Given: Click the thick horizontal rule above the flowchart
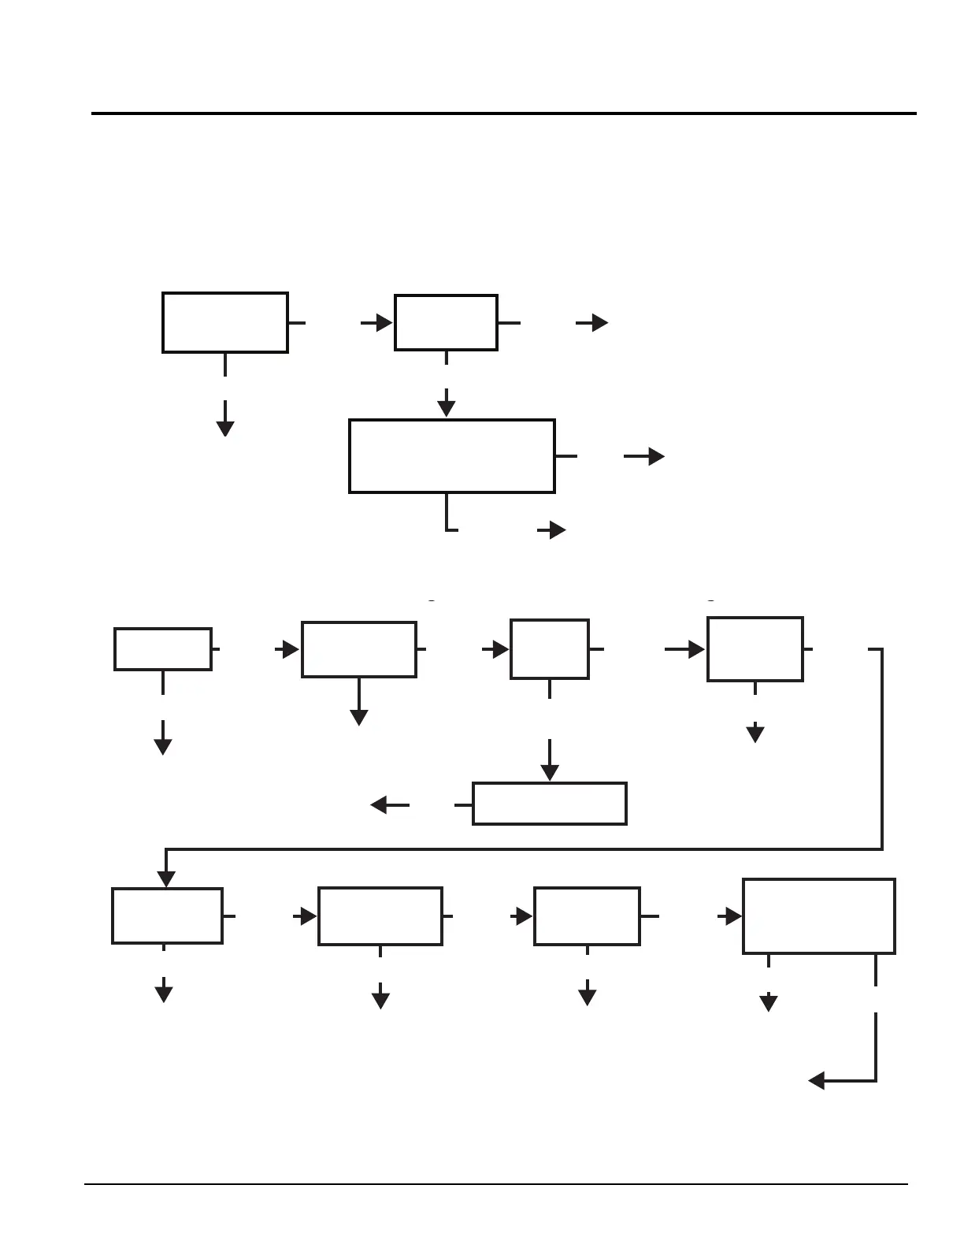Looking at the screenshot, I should click(x=504, y=113).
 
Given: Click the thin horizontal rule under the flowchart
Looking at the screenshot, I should click(x=496, y=1184).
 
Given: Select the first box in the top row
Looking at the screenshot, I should click(x=225, y=322).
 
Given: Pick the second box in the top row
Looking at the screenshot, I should click(x=446, y=322).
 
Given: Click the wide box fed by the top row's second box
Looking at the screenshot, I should click(x=452, y=456).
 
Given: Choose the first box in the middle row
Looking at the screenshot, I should click(x=163, y=649).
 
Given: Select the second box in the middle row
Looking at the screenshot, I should click(x=359, y=649).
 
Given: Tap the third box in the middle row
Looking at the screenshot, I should click(x=550, y=649).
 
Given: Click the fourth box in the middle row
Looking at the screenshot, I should click(x=755, y=649).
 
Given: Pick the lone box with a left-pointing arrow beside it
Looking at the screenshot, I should click(x=550, y=804).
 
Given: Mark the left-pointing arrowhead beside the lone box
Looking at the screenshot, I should click(x=378, y=804).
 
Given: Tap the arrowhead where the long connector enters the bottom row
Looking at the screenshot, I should click(x=166, y=879).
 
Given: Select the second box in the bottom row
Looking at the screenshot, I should click(x=380, y=916).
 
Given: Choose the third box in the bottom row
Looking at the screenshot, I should click(x=587, y=916).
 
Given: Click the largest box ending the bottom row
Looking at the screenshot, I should click(x=819, y=916).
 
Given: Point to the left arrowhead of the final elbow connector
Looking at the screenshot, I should click(x=817, y=1081).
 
